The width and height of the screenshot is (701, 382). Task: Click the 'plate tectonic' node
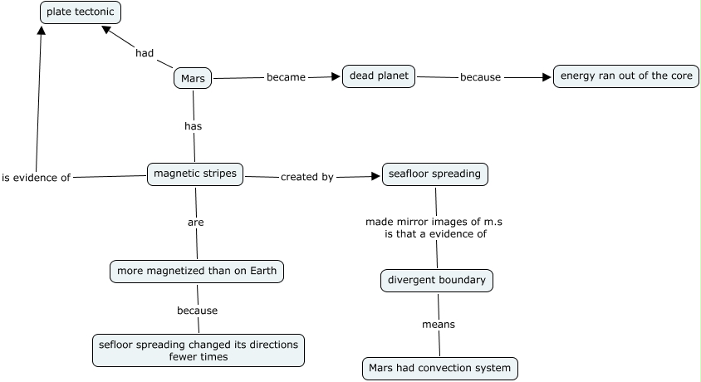pyautogui.click(x=81, y=12)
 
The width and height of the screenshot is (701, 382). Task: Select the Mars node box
pyautogui.click(x=193, y=78)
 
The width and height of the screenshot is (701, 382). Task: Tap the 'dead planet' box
pyautogui.click(x=379, y=76)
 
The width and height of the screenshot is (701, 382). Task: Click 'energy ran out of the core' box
pyautogui.click(x=626, y=76)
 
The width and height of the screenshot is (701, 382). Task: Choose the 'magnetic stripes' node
pyautogui.click(x=195, y=174)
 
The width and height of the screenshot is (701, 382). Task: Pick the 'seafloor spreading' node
pyautogui.click(x=435, y=174)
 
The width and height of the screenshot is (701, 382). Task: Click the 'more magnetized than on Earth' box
pyautogui.click(x=197, y=272)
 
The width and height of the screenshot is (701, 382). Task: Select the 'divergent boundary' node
pyautogui.click(x=437, y=281)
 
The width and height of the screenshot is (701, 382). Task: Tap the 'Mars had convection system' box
pyautogui.click(x=440, y=369)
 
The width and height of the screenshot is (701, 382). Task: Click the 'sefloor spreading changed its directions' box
pyautogui.click(x=199, y=350)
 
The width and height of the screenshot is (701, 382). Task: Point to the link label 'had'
pyautogui.click(x=145, y=53)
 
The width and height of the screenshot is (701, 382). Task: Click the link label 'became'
pyautogui.click(x=286, y=77)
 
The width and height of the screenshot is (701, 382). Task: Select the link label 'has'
pyautogui.click(x=194, y=126)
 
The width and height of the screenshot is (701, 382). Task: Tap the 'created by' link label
pyautogui.click(x=307, y=177)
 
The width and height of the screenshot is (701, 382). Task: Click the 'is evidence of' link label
pyautogui.click(x=37, y=178)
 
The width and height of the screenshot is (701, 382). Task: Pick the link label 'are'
pyautogui.click(x=196, y=223)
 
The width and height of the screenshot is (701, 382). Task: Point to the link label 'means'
pyautogui.click(x=439, y=325)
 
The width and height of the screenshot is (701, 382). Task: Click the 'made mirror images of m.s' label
pyautogui.click(x=434, y=222)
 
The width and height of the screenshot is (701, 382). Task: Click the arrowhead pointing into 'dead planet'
pyautogui.click(x=336, y=77)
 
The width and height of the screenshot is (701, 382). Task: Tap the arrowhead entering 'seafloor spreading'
pyautogui.click(x=375, y=177)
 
